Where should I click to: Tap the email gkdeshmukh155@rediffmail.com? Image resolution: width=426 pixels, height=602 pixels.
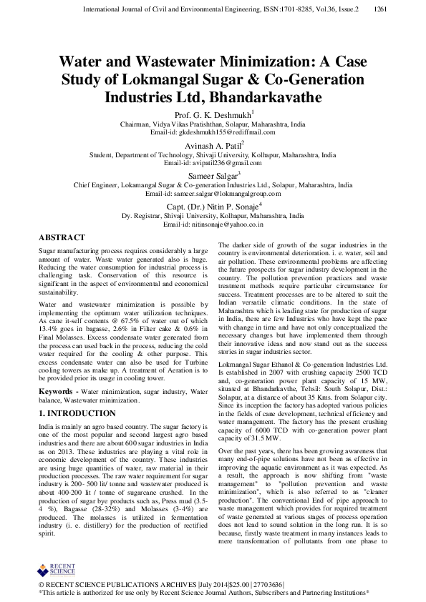tap(213, 133)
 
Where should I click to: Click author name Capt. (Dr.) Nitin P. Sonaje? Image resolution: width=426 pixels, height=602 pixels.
tap(212, 206)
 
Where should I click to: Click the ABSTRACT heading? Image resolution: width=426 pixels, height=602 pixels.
tap(62, 237)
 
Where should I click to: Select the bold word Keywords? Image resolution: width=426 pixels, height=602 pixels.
tap(57, 393)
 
